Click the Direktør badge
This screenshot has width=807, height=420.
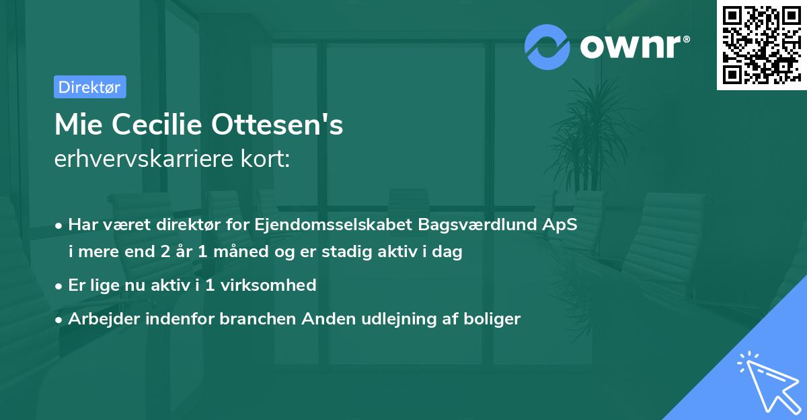[x=89, y=87]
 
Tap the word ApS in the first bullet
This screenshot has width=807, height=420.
[x=561, y=225]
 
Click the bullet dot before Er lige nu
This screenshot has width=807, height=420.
[x=60, y=286]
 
